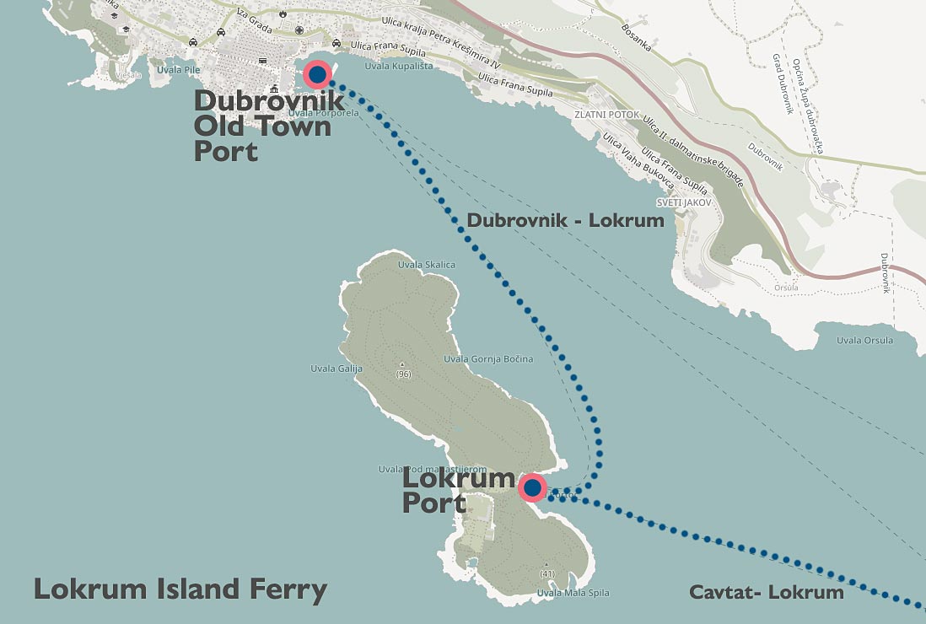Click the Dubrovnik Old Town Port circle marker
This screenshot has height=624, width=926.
(317, 75)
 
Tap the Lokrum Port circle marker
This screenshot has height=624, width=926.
(532, 487)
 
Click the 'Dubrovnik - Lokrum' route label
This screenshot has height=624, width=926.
(565, 221)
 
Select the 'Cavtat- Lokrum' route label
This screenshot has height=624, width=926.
(766, 592)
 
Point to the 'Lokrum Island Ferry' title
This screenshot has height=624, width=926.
(180, 589)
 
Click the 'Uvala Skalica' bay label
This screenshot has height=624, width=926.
(426, 265)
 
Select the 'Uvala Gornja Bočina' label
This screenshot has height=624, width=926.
(488, 359)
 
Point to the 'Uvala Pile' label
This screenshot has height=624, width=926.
(179, 69)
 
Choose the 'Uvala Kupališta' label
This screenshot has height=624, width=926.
(392, 66)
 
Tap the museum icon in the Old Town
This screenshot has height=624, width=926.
(274, 88)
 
